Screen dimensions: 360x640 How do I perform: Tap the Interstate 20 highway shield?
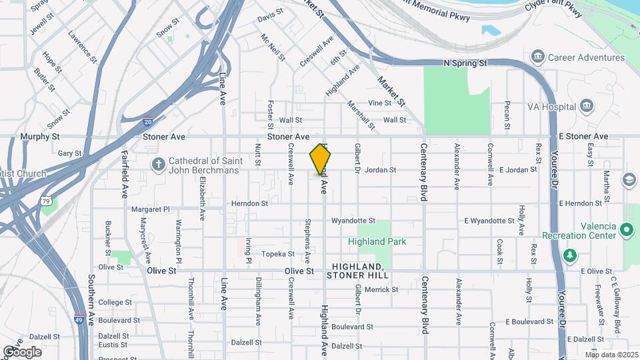point(147,122)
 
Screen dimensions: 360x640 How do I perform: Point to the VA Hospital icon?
point(587,106)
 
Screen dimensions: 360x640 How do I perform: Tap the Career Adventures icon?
point(538,57)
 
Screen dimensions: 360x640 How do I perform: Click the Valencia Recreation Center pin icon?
point(626,230)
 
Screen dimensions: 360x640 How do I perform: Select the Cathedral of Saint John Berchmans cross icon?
point(159,163)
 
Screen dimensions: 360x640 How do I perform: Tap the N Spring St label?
point(466,63)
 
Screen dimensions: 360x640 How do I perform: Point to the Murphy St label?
point(36,136)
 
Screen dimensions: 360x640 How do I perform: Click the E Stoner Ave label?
point(583,136)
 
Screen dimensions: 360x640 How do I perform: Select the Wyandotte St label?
point(353,221)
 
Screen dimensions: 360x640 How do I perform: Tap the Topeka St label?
point(277,254)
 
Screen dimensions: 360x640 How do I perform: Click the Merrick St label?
point(381,290)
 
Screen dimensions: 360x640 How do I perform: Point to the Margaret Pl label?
point(151,209)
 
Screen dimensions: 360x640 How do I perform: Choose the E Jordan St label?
point(517,170)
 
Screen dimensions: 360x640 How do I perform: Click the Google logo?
point(21,352)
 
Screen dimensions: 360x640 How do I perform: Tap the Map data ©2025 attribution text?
point(611,354)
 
